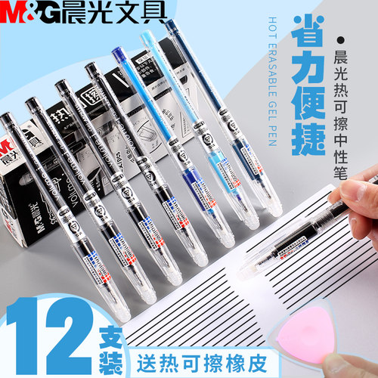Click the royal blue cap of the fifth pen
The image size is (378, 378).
(119, 60)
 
